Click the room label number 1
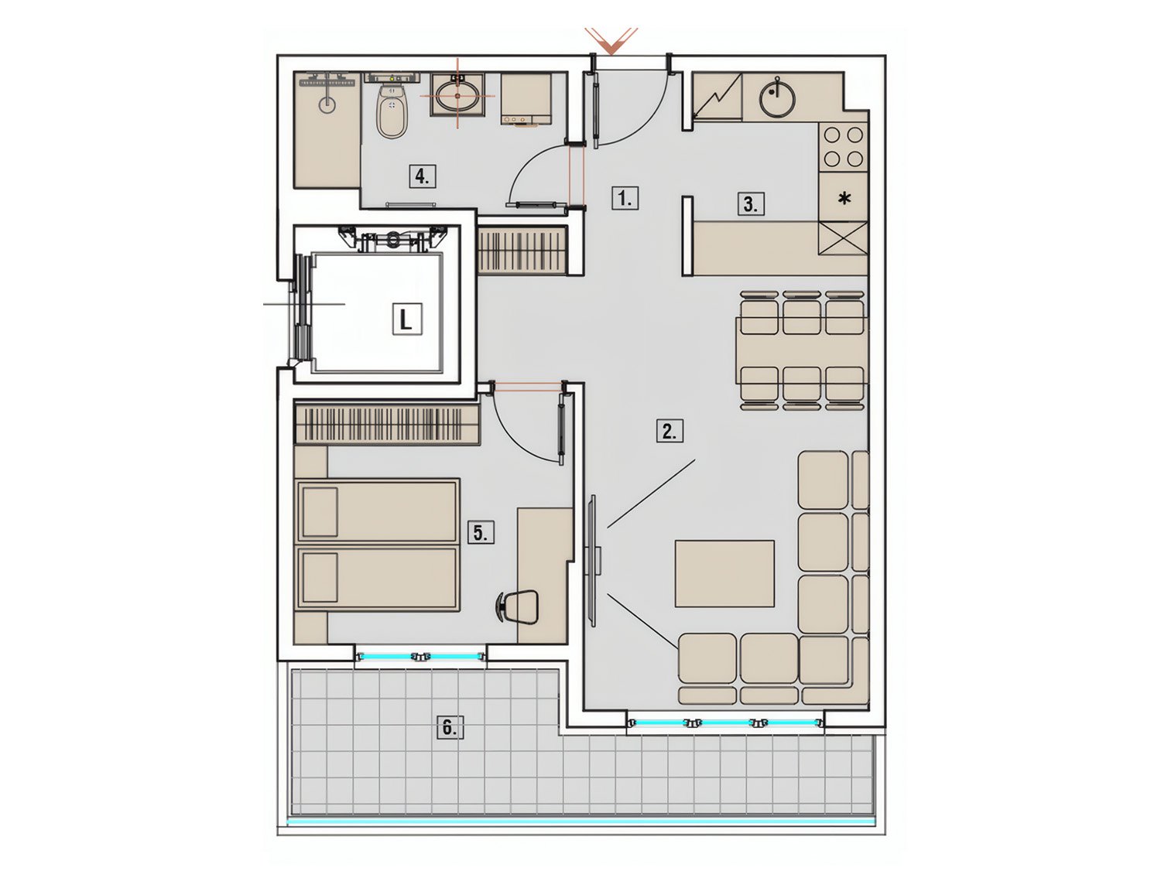click(x=625, y=200)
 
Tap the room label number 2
click(x=670, y=432)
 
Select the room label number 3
click(x=751, y=204)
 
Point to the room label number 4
click(x=423, y=176)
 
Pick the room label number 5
click(x=481, y=533)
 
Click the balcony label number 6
click(x=450, y=729)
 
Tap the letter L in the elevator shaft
click(x=407, y=320)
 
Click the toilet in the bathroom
click(x=392, y=111)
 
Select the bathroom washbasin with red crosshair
click(x=458, y=94)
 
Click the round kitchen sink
click(x=778, y=97)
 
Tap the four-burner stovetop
click(x=843, y=147)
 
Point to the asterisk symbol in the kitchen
click(x=845, y=199)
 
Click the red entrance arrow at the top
click(x=611, y=41)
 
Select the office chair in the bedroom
click(x=519, y=606)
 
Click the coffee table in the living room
click(x=724, y=573)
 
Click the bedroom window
click(x=421, y=657)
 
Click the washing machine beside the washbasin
click(x=526, y=100)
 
